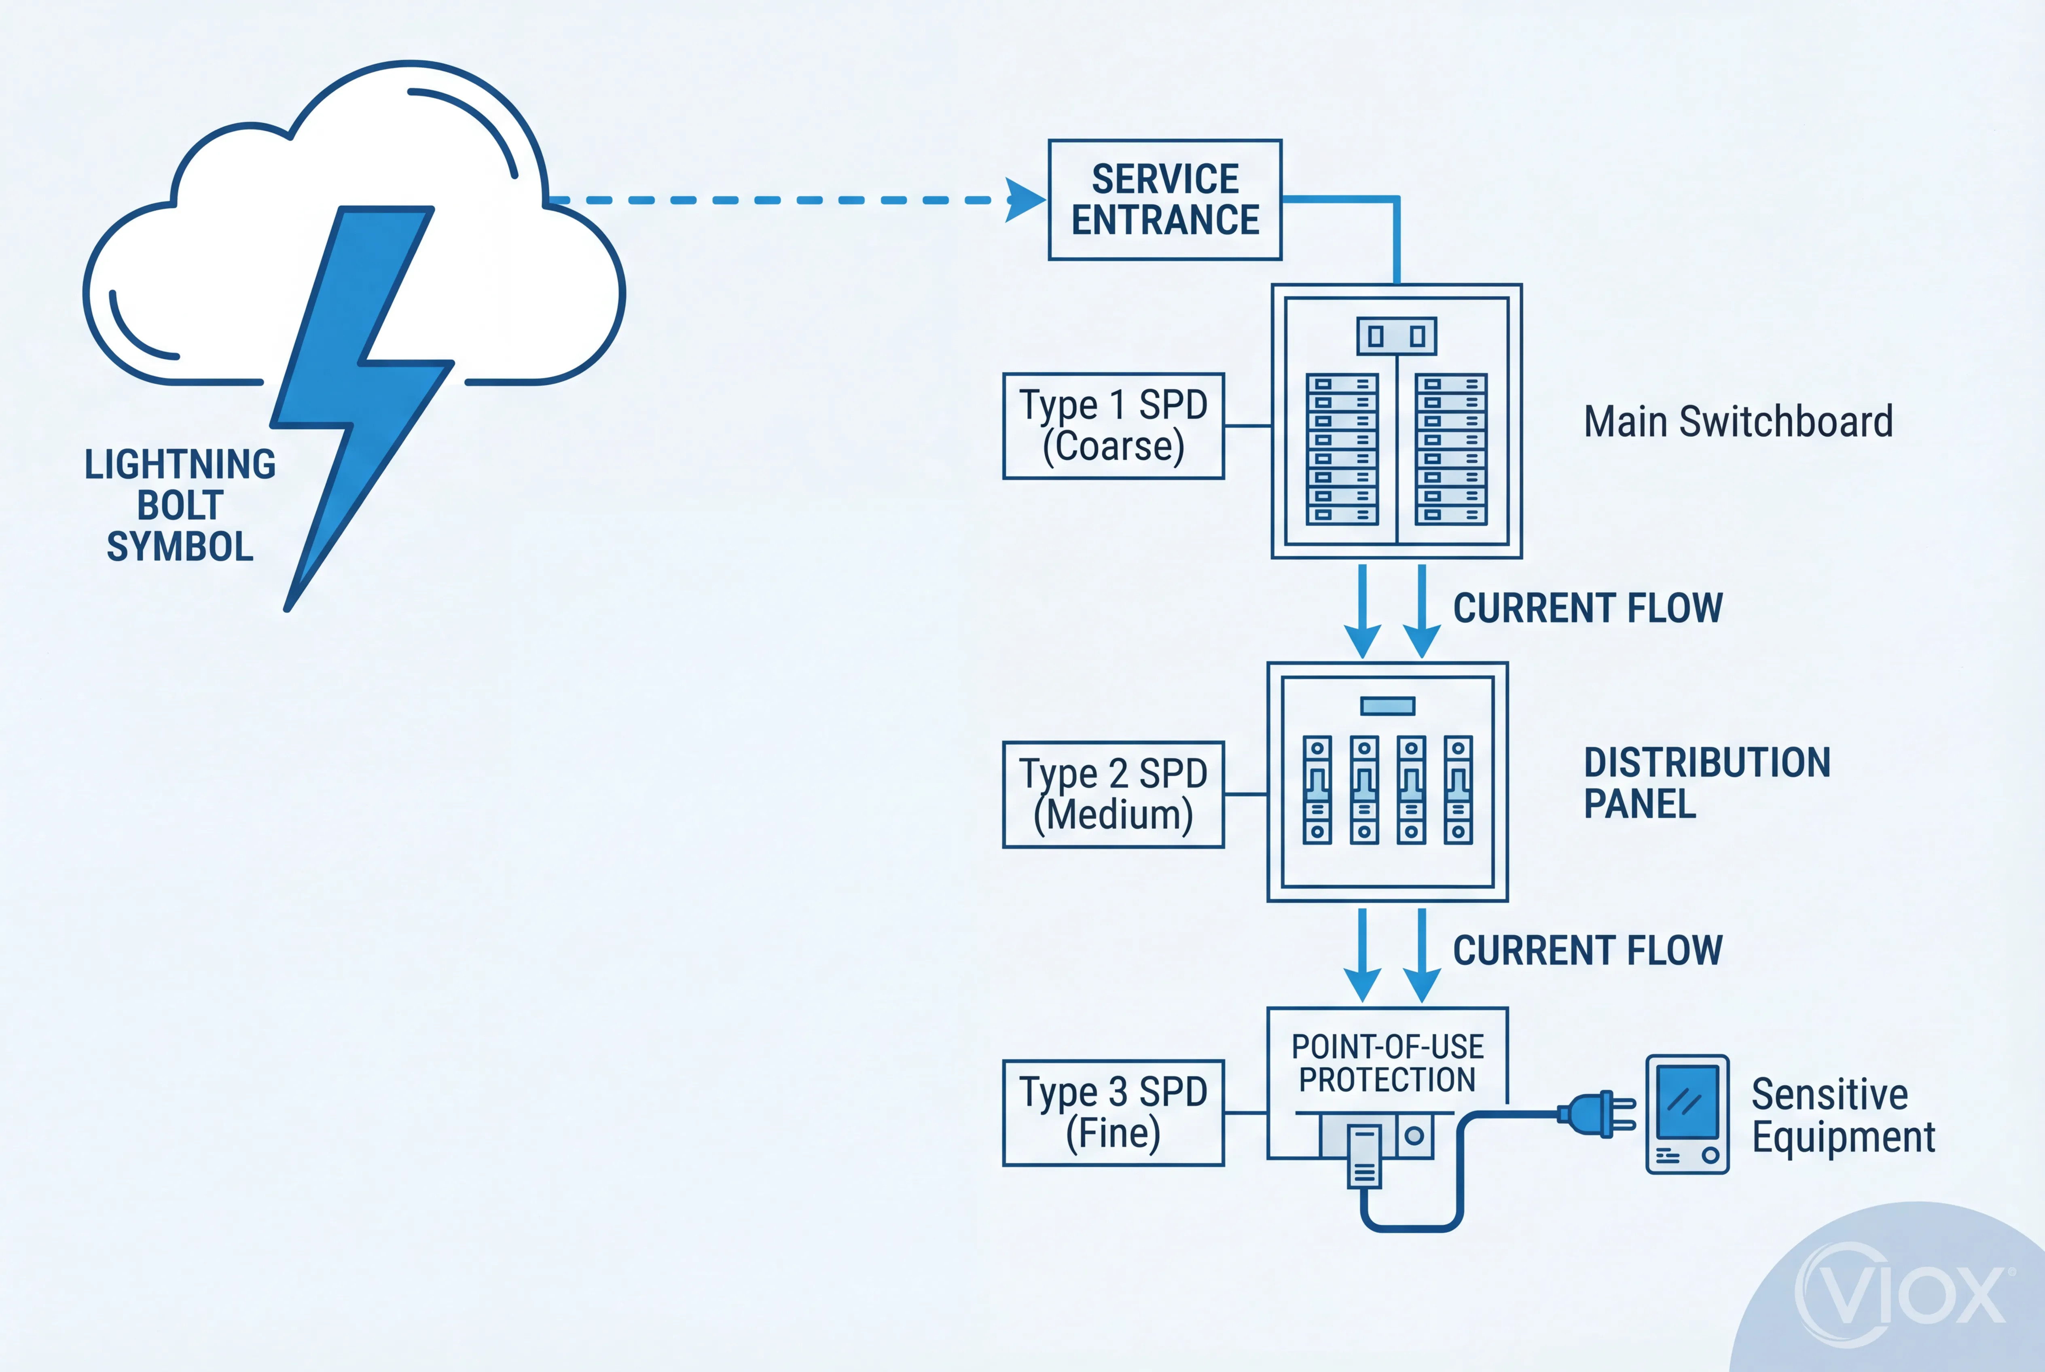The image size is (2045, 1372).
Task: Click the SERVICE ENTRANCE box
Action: (1165, 199)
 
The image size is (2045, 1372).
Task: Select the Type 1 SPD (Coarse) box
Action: (1113, 426)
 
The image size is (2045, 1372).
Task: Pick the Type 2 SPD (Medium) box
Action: (1113, 794)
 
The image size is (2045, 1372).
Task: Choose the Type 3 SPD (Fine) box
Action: (1113, 1113)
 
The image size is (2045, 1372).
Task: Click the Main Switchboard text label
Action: (1738, 422)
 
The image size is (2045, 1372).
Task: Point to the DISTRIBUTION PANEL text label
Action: (1706, 783)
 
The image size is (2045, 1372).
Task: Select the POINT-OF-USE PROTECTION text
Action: (1387, 1063)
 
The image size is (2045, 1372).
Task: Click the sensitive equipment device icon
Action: (1687, 1114)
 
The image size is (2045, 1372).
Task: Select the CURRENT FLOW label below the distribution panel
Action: (1588, 950)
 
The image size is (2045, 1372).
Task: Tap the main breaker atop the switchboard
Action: (1396, 336)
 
